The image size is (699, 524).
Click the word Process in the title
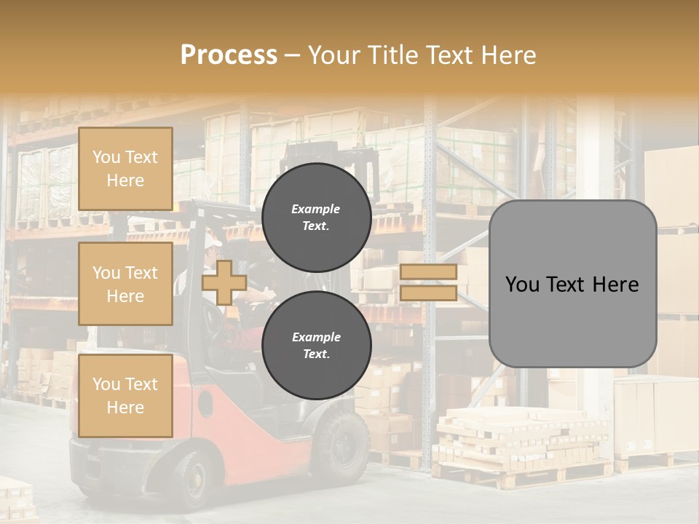pyautogui.click(x=229, y=55)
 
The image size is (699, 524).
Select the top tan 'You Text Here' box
pyautogui.click(x=125, y=169)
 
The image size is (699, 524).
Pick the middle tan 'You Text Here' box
pyautogui.click(x=125, y=284)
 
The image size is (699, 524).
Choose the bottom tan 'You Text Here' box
pyautogui.click(x=125, y=395)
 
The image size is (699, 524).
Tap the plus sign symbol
pyautogui.click(x=224, y=282)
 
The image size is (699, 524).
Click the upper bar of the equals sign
pyautogui.click(x=428, y=272)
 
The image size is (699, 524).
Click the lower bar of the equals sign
pyautogui.click(x=428, y=293)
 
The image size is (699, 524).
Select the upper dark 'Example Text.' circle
pyautogui.click(x=316, y=217)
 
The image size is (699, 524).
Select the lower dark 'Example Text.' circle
pyautogui.click(x=316, y=346)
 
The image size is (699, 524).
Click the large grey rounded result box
pyautogui.click(x=572, y=284)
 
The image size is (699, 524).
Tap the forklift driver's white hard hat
pyautogui.click(x=212, y=239)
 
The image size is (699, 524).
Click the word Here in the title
pyautogui.click(x=507, y=55)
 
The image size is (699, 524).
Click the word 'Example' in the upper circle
pyautogui.click(x=315, y=209)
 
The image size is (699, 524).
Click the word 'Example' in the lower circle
pyautogui.click(x=316, y=337)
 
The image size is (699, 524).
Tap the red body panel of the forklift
pyautogui.click(x=240, y=418)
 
